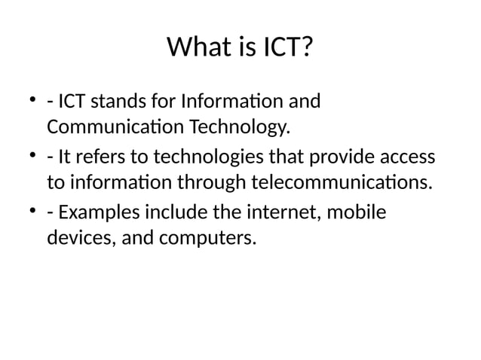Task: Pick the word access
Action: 406,157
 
